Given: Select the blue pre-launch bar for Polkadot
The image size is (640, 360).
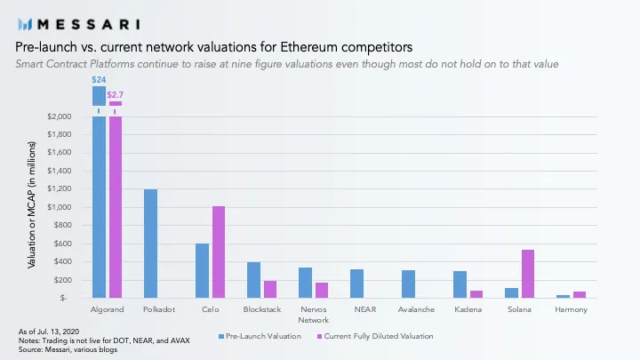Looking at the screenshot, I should click(150, 244).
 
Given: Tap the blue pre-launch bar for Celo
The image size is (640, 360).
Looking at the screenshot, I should click(202, 270).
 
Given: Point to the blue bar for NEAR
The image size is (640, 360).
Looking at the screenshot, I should click(356, 284).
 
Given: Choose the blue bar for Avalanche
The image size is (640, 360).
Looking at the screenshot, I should click(408, 284).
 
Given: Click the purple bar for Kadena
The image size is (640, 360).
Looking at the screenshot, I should click(476, 293).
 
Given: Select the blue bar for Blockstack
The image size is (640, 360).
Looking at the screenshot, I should click(253, 280).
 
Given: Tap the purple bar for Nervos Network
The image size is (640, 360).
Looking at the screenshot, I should click(321, 290).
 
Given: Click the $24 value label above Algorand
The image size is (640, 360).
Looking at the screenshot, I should click(99, 80).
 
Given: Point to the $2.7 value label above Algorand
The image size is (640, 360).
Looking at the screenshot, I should click(115, 93).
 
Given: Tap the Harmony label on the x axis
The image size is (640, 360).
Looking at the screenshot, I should click(571, 309).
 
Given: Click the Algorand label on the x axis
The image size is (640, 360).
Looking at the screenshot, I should click(107, 309).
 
